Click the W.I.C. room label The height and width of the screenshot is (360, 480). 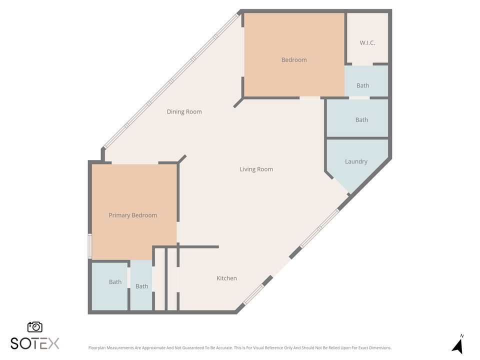pos(367,43)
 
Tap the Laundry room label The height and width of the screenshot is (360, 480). pos(356,161)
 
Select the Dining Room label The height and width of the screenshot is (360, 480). pos(184,111)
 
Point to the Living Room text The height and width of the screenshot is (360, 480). pos(256,169)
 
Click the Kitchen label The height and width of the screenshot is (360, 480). pos(226,278)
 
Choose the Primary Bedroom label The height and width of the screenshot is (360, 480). pos(132,215)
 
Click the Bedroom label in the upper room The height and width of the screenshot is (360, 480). pos(294,60)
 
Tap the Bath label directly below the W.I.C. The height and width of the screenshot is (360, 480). pos(362,85)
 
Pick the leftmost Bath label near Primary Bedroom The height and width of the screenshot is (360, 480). pos(115,282)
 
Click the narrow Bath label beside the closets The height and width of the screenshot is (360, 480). pos(141,286)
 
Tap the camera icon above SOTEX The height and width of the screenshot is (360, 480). pos(34,327)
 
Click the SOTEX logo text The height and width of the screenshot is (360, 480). pos(35,343)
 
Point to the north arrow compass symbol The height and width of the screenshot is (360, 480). pos(457,345)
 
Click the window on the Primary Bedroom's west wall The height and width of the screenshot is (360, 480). pos(90,246)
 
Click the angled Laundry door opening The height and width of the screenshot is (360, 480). pos(342,186)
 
